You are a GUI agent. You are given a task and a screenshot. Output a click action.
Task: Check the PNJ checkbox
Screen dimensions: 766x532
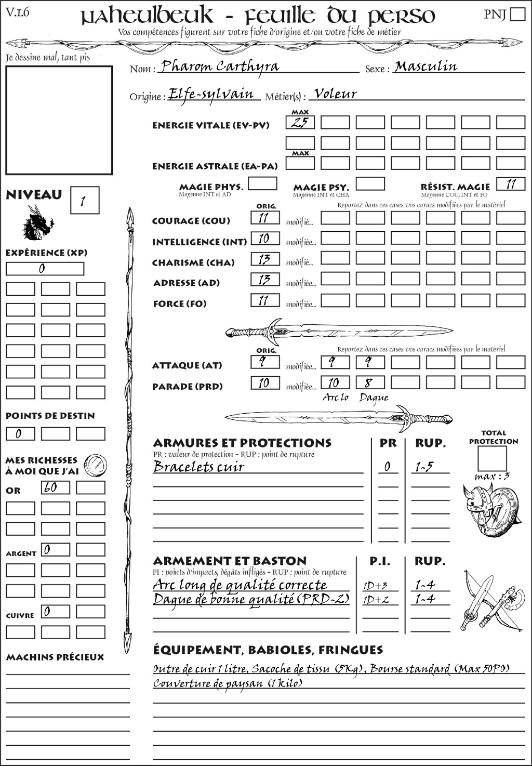(517, 14)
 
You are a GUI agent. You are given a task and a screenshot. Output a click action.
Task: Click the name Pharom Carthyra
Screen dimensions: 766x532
(220, 67)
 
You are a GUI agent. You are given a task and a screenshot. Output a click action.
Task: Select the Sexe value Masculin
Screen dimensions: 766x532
(425, 67)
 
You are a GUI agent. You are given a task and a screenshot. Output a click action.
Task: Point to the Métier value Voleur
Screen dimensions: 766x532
(336, 94)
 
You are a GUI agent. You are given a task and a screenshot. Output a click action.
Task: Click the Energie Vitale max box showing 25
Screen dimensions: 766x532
(300, 123)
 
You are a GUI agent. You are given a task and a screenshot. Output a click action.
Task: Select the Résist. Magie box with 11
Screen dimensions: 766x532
(511, 184)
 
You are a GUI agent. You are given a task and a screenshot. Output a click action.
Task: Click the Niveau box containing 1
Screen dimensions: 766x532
(84, 201)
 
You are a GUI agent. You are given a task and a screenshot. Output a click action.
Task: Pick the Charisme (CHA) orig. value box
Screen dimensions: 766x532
(265, 259)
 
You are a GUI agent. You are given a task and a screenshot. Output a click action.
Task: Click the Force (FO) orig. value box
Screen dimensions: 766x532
(265, 300)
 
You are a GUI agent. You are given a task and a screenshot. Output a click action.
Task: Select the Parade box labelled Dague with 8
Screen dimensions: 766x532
(370, 383)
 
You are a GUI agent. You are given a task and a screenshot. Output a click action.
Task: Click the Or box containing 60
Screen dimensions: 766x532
(56, 487)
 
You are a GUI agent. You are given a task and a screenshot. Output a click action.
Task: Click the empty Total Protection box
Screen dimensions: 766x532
(492, 458)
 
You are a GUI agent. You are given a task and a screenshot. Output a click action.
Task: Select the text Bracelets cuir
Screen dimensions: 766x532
(199, 467)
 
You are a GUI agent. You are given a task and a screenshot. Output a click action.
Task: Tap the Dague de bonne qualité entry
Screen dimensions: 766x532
(251, 600)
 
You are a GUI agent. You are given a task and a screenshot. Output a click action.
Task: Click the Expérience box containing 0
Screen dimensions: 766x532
(45, 269)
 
